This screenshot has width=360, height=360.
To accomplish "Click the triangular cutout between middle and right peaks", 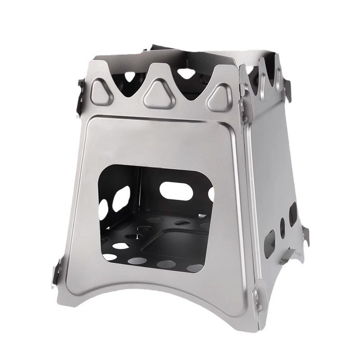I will point(189,74).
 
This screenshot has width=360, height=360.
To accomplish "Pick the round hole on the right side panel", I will point(283,228).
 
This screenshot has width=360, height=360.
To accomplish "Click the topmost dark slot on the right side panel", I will point(292,213).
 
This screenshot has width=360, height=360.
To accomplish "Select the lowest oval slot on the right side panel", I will point(270,243).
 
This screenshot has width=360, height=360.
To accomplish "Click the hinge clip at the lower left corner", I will point(55,274).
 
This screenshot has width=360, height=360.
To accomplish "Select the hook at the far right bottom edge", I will point(306,236).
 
